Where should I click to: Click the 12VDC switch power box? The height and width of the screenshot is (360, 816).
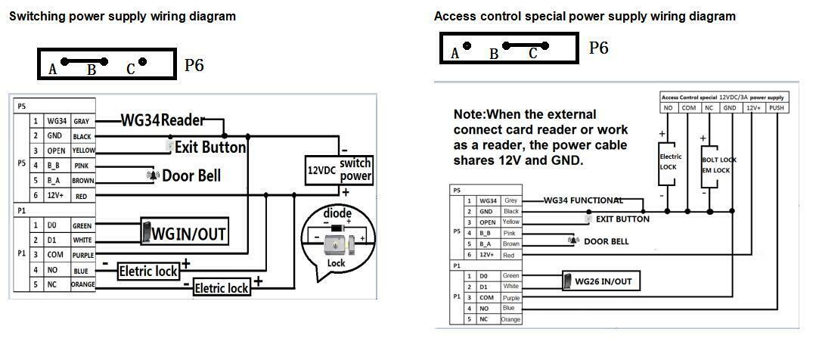coord(340,170)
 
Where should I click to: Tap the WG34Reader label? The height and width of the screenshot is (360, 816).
coord(172,119)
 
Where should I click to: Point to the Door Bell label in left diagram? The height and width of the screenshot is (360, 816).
coord(191,175)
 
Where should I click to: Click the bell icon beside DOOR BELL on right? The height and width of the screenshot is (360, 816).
coord(573,241)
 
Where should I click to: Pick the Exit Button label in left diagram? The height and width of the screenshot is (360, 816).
coord(209,147)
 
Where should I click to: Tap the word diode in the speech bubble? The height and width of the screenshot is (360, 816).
coord(337,213)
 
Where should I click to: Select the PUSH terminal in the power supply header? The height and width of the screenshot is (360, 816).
coord(777,107)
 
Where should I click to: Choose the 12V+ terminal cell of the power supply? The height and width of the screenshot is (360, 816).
coord(754,107)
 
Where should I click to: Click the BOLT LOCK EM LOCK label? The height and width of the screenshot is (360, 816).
coord(718,165)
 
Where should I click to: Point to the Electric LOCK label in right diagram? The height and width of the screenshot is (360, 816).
coord(670,161)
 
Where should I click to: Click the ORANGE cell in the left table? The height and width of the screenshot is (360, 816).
coord(82,284)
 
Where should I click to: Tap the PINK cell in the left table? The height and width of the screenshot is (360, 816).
coord(82,165)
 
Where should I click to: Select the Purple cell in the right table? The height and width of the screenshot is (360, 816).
coord(510,297)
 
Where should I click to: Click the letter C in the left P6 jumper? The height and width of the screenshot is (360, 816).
coord(130,70)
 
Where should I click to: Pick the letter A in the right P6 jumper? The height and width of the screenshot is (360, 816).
coord(455,53)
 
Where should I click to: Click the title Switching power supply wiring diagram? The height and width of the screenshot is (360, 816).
coord(122,16)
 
